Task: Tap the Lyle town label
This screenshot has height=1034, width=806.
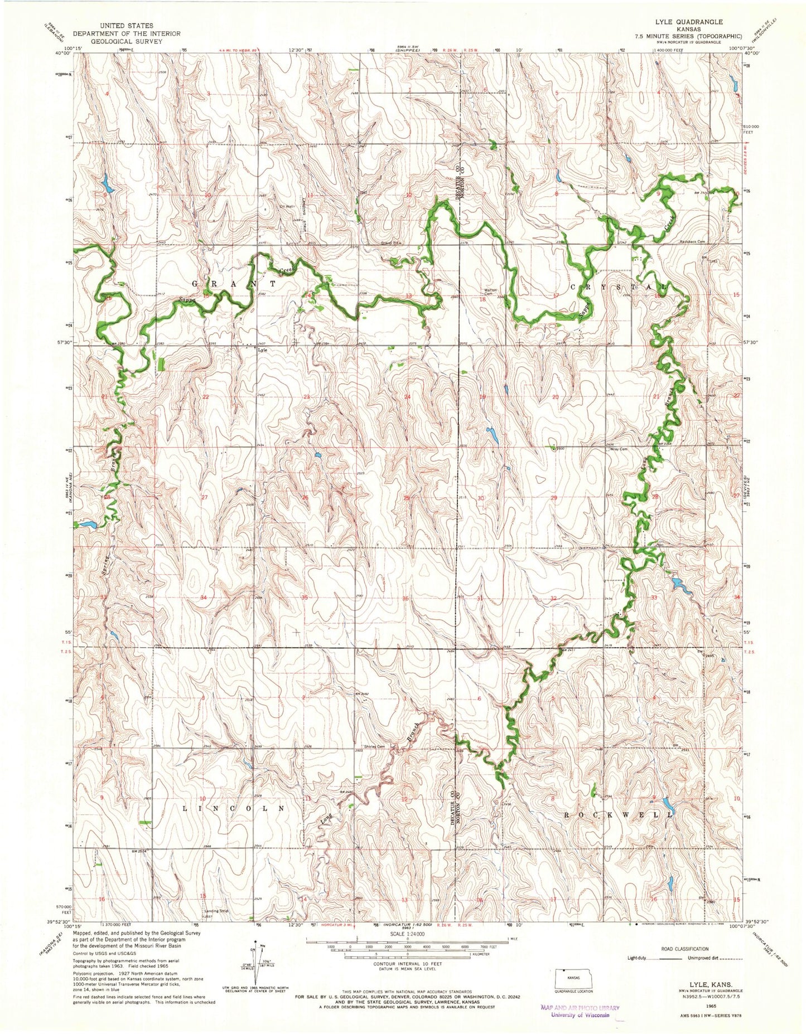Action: (x=262, y=351)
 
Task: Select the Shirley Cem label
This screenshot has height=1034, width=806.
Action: (x=375, y=747)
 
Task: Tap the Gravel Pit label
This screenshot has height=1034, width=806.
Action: (x=375, y=243)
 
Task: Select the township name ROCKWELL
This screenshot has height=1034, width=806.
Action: (x=617, y=815)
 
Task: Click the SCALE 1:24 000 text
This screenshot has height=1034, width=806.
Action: (x=407, y=934)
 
